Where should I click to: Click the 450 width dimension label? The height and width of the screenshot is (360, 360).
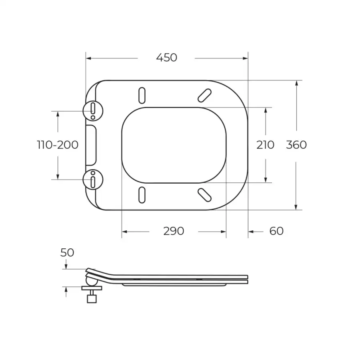pos(166,58)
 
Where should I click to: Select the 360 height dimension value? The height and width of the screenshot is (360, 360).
pos(296,145)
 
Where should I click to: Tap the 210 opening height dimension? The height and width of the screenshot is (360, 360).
pos(265,145)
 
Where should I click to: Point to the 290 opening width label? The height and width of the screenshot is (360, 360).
pos(174,231)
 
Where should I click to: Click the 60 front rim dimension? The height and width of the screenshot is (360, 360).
pos(276,231)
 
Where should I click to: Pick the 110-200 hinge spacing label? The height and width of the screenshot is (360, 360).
pos(58,145)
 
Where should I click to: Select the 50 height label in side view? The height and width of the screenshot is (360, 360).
pos(67,252)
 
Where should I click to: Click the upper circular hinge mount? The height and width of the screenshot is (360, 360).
pos(93,111)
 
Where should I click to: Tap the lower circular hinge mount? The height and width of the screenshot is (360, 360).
pos(93,180)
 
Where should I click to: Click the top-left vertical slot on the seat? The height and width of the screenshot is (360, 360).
pos(142,95)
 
